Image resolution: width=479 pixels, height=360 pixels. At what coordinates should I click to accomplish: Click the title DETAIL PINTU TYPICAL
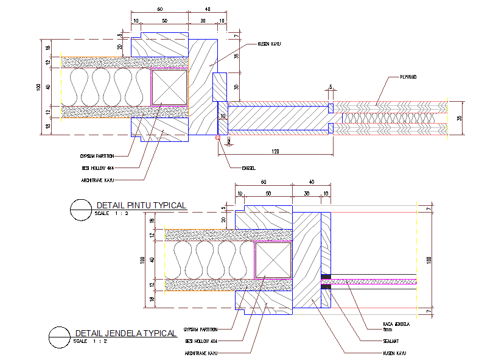coord(139,205)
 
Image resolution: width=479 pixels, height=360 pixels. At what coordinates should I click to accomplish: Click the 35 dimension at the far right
coord(462,118)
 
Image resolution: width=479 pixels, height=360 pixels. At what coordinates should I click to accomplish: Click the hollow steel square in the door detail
coord(169,87)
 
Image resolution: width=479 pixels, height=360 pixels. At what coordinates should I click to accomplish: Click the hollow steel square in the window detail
coord(273,259)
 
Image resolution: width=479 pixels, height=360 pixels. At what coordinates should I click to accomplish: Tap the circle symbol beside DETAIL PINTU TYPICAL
coord(81,209)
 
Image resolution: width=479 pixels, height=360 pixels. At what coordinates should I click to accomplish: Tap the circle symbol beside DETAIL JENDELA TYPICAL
coord(60,337)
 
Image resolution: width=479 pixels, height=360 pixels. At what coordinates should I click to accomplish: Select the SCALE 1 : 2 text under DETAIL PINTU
coord(112,214)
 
